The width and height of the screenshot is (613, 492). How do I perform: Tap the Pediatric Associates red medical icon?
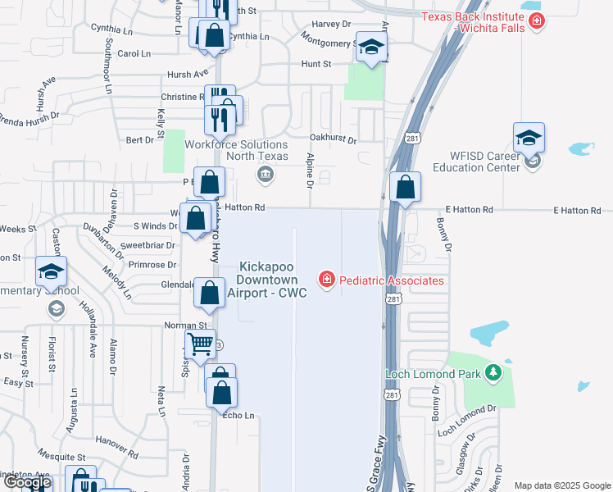tap(327, 280)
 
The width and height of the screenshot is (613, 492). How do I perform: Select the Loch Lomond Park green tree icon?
tap(493, 374)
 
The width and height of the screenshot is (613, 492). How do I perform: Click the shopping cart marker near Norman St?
tap(200, 345)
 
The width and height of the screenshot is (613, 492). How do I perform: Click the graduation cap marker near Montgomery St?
tap(371, 48)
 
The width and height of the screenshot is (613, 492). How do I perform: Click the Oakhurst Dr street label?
tap(333, 139)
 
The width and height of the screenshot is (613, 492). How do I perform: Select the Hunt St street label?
tap(316, 63)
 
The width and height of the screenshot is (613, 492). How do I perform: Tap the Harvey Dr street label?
tap(330, 25)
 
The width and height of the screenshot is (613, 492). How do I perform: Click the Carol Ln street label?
tap(134, 53)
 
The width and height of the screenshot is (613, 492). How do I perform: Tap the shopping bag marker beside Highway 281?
tap(405, 187)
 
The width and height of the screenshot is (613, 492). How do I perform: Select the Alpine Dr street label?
tap(311, 171)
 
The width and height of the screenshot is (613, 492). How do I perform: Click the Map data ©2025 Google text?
tap(562, 485)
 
